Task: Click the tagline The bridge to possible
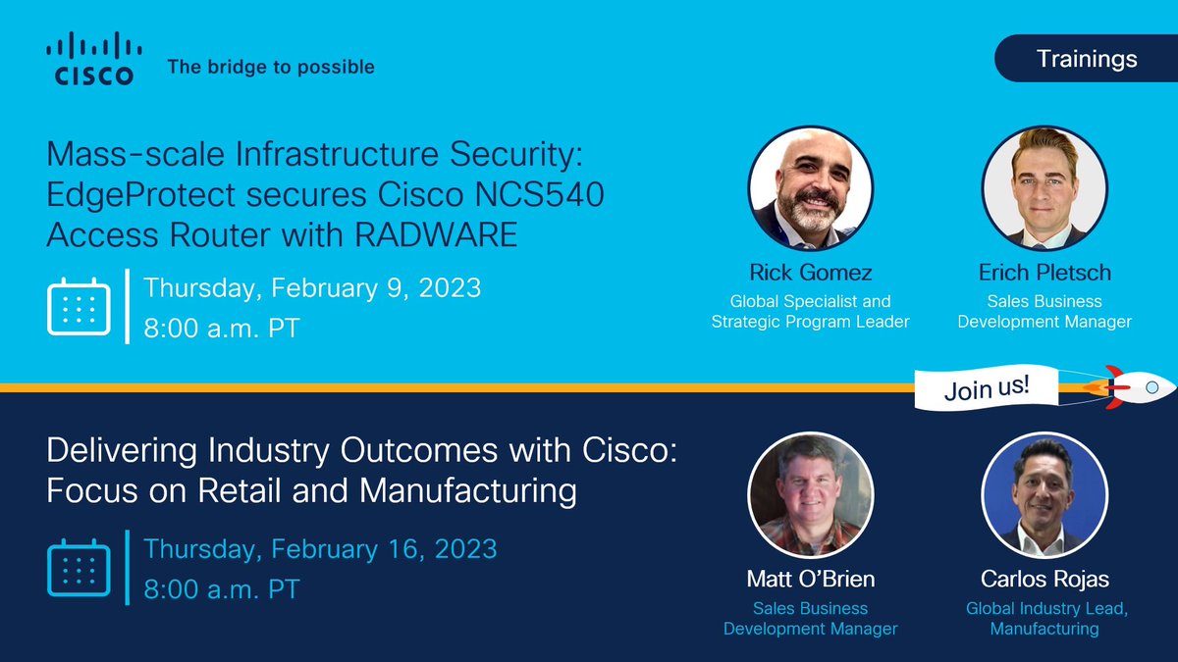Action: [271, 68]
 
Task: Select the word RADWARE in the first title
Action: [440, 234]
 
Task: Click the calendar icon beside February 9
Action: [78, 306]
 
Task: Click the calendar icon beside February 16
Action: [78, 567]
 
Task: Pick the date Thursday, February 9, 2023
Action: [312, 288]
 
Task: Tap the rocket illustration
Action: [1138, 386]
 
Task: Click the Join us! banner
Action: [987, 386]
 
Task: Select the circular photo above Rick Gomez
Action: [811, 188]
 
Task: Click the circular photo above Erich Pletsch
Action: [1044, 188]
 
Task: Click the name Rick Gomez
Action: [811, 272]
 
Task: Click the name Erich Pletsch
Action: [1044, 272]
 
